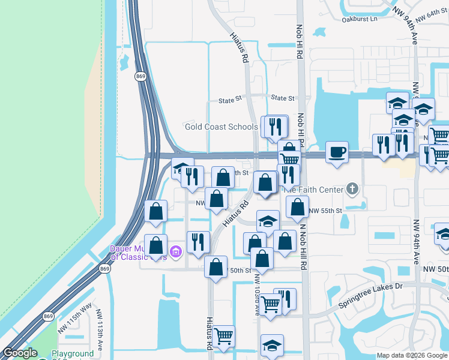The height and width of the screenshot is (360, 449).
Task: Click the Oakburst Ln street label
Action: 359,19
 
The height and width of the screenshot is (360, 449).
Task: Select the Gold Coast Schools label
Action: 221,127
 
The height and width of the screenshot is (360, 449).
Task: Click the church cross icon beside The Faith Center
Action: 352,190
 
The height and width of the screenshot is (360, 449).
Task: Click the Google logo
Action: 20,353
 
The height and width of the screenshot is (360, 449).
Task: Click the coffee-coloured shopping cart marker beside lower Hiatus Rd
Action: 223,337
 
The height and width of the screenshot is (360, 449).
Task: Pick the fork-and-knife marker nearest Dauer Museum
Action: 197,242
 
